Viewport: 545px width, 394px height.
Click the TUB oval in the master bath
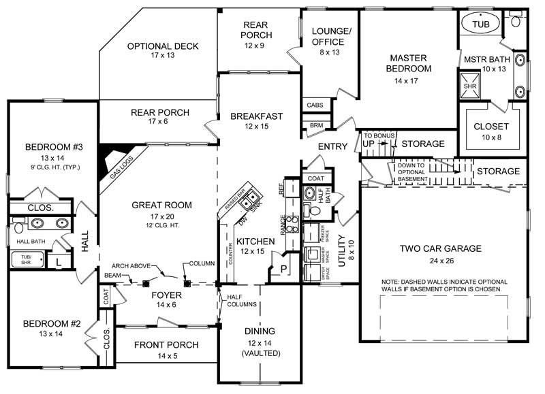point(481,24)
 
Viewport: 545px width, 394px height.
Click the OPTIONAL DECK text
point(163,46)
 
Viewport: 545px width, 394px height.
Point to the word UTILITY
point(343,249)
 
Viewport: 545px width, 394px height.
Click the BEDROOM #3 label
point(44,147)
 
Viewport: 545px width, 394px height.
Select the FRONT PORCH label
point(166,345)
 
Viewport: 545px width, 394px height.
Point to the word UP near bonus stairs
point(369,145)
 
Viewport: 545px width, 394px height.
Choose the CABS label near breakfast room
point(315,105)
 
